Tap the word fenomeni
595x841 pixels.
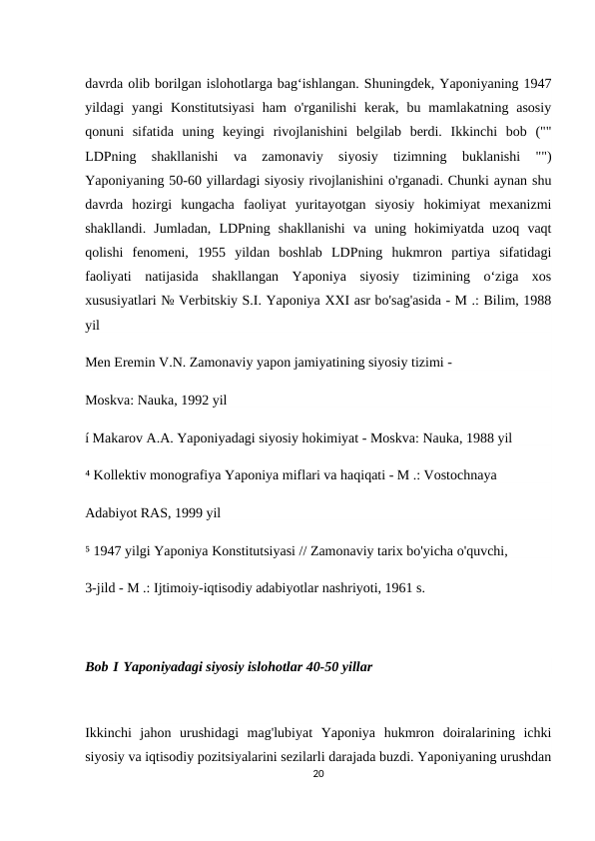(163, 251)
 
